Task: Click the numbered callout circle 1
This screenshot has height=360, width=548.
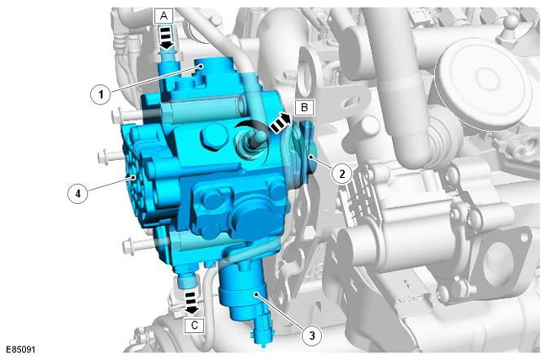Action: [x=101, y=94]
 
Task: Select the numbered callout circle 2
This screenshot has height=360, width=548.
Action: [x=341, y=173]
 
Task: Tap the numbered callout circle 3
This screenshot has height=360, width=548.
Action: [x=312, y=336]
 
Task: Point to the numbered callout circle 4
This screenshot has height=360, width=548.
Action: [x=78, y=192]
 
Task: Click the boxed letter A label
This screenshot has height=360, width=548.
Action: [x=164, y=16]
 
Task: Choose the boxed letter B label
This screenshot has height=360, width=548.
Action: [x=304, y=107]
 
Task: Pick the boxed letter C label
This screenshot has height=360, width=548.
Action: [x=194, y=325]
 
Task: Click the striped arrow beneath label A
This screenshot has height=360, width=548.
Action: [x=166, y=37]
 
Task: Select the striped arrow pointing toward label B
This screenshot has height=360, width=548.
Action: [x=280, y=123]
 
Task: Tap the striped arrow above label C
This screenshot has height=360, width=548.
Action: [x=191, y=304]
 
